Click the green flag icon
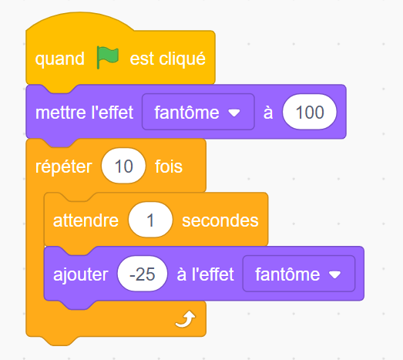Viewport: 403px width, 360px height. (x=108, y=57)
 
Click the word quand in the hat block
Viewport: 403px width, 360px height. (x=60, y=59)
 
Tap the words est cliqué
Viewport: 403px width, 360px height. (x=167, y=59)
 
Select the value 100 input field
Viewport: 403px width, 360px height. (x=310, y=112)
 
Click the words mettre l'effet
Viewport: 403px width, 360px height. (x=84, y=113)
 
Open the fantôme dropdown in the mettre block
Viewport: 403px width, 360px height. (x=198, y=112)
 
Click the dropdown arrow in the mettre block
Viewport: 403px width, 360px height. (x=234, y=113)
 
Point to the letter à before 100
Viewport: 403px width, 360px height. (x=268, y=113)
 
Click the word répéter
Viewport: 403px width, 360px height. (x=64, y=167)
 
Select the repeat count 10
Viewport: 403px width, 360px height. (x=123, y=166)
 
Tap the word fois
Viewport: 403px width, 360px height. (x=169, y=167)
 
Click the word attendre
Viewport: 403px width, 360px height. (x=86, y=220)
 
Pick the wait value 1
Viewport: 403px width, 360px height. (x=150, y=220)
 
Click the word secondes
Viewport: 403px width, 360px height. (x=220, y=220)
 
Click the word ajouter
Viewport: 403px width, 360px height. (x=81, y=274)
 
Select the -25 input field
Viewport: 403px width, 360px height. (x=143, y=274)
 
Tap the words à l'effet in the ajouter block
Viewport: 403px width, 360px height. (x=206, y=274)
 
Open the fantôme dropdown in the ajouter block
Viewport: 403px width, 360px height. (x=299, y=274)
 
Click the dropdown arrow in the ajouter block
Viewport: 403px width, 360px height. (x=335, y=274)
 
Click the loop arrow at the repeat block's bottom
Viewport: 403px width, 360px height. (x=186, y=319)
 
